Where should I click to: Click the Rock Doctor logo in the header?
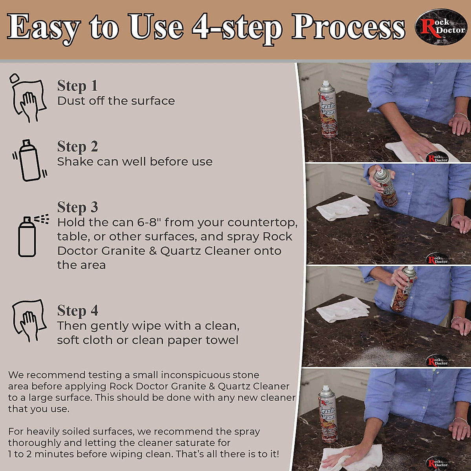pos(440,27)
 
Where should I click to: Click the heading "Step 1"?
pos(77,86)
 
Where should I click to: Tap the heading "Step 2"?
pos(77,147)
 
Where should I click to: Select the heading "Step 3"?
pos(77,208)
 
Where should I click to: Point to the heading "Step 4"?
pos(77,310)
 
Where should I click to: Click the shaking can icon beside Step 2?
pos(29,161)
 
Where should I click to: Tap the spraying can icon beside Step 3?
pos(33,235)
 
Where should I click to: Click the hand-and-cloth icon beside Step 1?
pos(27,98)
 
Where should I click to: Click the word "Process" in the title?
pos(348,27)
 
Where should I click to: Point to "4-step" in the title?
pos(237,29)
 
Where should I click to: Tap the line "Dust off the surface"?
pos(116,101)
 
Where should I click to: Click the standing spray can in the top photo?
pos(328,109)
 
